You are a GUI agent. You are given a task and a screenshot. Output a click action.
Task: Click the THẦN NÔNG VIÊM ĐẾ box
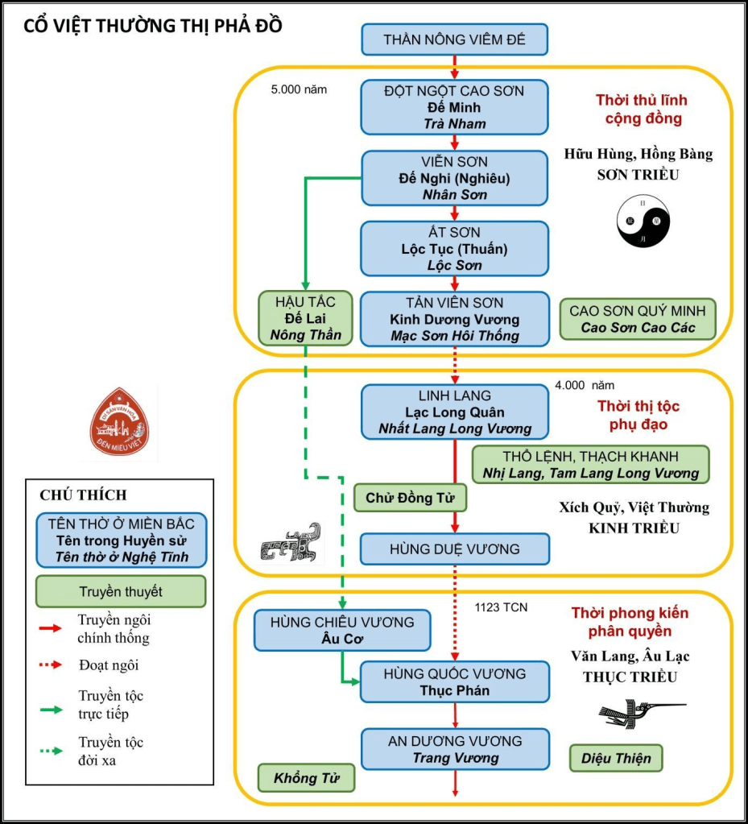(x=455, y=39)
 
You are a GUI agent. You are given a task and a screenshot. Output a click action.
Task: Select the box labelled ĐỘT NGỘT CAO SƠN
(x=455, y=107)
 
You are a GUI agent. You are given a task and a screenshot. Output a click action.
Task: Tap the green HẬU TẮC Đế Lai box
(x=306, y=318)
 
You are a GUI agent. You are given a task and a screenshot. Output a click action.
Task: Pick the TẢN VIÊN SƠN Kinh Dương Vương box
(x=455, y=319)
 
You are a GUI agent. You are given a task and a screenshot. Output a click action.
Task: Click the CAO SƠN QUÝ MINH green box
(x=637, y=319)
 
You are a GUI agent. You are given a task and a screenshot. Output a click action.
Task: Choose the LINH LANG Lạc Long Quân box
(x=455, y=412)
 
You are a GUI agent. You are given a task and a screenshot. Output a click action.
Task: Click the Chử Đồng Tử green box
(x=410, y=499)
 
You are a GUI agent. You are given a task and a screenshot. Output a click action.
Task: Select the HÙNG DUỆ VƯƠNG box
(x=455, y=549)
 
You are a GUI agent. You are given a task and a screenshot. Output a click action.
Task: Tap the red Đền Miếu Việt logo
(x=124, y=420)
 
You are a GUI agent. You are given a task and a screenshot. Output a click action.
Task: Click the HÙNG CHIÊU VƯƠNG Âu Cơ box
(x=342, y=630)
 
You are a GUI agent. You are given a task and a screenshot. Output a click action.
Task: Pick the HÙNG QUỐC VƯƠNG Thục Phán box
(x=455, y=681)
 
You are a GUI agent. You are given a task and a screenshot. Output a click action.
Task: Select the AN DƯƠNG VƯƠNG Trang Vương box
(x=455, y=749)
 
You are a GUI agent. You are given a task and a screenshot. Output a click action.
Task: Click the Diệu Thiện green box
(x=616, y=758)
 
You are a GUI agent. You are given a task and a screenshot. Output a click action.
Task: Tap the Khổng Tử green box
(x=306, y=778)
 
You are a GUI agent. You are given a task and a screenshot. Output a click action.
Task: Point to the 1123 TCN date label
(x=501, y=607)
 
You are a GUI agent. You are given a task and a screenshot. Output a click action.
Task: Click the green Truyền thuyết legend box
(x=121, y=591)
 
